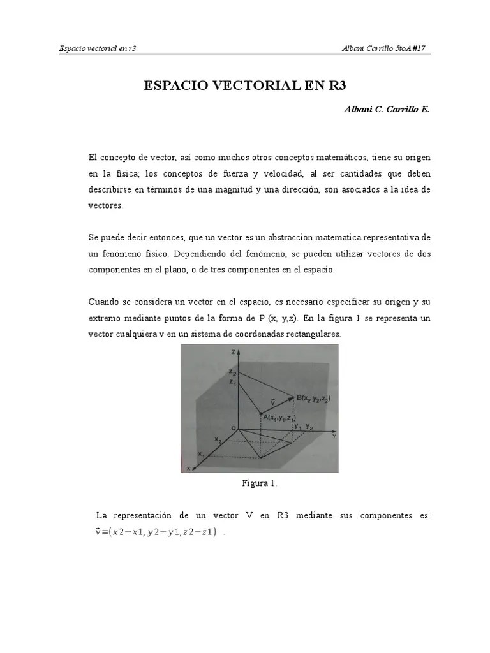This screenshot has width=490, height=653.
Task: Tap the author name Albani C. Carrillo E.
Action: point(387,109)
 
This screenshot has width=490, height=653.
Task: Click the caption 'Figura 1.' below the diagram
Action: point(259,483)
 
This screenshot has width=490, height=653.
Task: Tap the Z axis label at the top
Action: point(235,352)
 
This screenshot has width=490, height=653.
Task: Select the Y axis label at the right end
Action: point(334,436)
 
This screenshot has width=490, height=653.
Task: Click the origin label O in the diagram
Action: point(232,427)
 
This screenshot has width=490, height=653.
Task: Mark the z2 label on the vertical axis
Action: point(233,372)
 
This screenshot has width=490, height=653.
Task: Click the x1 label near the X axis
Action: point(200,455)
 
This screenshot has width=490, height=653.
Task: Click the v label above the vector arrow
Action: point(273,402)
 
